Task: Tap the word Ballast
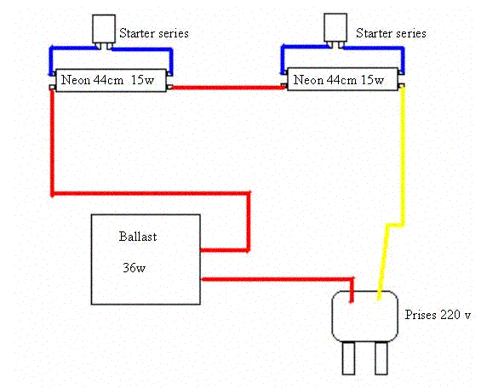(x=138, y=237)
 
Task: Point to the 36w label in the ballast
(x=134, y=267)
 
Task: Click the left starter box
(x=104, y=29)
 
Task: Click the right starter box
(x=335, y=27)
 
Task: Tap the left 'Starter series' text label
(x=154, y=33)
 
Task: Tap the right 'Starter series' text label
(x=391, y=33)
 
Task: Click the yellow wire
(x=403, y=154)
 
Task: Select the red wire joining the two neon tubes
(x=226, y=87)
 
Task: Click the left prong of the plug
(x=348, y=358)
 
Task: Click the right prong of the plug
(x=381, y=358)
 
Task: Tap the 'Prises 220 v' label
(x=438, y=315)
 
